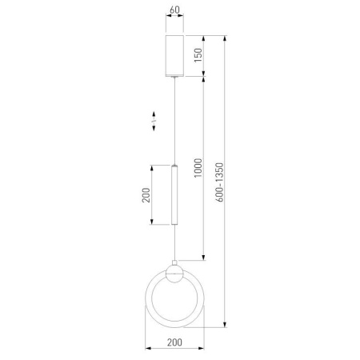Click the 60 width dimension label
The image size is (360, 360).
click(174, 10)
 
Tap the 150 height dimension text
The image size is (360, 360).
click(198, 55)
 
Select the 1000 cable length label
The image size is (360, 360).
click(198, 168)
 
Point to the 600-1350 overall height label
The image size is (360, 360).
click(219, 182)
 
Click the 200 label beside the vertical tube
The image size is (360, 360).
click(146, 195)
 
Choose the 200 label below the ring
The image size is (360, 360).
click(174, 342)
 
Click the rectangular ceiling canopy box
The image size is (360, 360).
click(174, 56)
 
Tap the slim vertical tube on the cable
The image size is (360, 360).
click(174, 194)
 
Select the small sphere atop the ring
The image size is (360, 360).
click(174, 274)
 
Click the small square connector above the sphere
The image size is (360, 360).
click(174, 262)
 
